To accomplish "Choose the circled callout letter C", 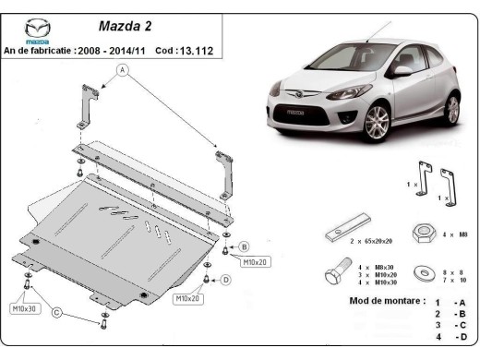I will pos(57,314).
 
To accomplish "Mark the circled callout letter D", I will pos(226,280).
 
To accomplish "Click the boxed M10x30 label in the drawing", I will pos(25,308).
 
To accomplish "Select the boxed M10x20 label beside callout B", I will pos(254,262).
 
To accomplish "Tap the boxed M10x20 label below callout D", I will pos(190,298).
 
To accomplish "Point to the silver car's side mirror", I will pos(402,70).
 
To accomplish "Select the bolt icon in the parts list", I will pos(336,273).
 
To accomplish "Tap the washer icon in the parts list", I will pos(423,273).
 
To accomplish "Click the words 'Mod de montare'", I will pos(375,301).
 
